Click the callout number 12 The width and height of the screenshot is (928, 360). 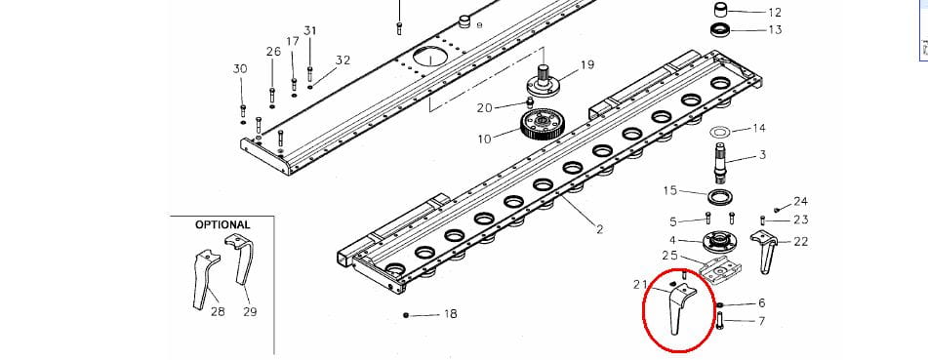point(775,13)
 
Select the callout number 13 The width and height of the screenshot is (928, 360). point(775,29)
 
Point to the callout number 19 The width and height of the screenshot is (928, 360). point(586,64)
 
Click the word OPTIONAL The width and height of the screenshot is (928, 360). point(222,225)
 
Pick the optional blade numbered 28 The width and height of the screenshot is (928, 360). point(204,279)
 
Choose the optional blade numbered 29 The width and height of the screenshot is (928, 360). point(241,259)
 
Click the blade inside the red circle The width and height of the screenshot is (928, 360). point(677,308)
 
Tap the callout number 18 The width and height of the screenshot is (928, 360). point(451,314)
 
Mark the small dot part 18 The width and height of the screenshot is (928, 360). point(406,315)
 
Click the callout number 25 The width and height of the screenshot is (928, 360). point(670,256)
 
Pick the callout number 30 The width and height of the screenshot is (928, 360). point(240,69)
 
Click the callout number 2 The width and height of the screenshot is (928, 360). point(599,229)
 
